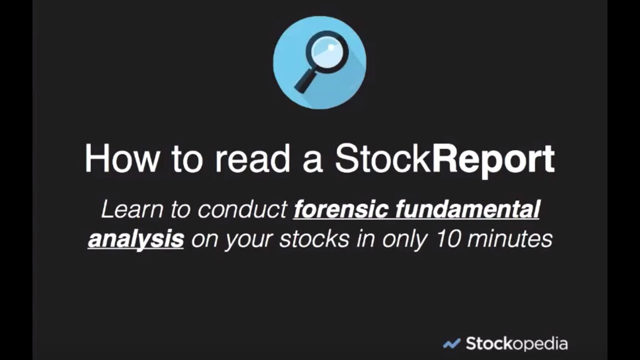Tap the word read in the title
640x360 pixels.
coord(253,159)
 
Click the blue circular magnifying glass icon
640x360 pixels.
coord(319,62)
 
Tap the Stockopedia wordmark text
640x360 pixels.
coord(516,344)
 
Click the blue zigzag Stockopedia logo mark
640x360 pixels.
coord(451,344)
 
